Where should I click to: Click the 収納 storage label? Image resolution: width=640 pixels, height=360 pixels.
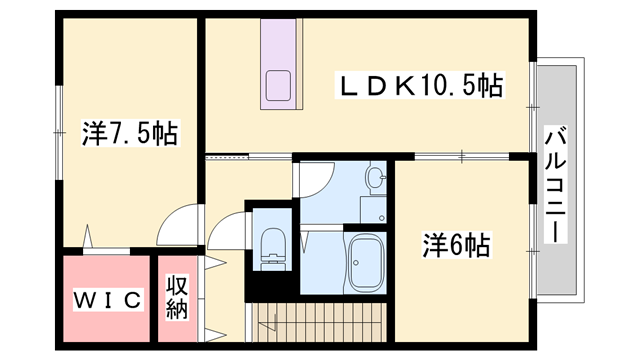(178, 297)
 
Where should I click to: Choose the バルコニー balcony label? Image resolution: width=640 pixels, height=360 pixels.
(552, 186)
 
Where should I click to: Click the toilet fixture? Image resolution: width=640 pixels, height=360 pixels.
(271, 246)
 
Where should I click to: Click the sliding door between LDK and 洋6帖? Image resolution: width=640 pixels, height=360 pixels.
(460, 156)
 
